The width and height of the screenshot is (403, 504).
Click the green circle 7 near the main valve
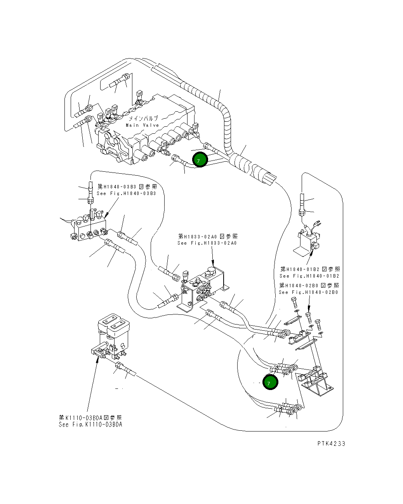(200, 159)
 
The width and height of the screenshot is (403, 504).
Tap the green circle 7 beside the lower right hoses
(270, 383)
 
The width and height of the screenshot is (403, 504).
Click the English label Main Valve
(142, 125)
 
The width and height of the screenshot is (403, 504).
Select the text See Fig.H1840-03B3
(126, 193)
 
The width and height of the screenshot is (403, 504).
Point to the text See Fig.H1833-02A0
(207, 243)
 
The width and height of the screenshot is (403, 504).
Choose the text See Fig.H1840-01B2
(309, 276)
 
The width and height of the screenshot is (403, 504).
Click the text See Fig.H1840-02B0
(308, 292)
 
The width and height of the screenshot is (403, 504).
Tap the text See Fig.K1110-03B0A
(90, 425)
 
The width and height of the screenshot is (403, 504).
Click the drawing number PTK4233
(331, 444)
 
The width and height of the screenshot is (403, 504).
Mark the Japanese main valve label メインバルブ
(143, 118)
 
